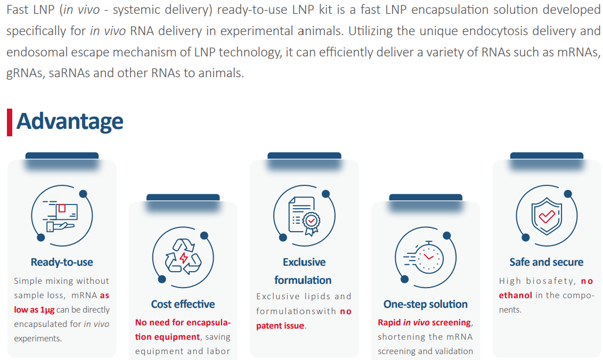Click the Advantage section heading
point(70,121)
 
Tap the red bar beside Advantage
point(10,122)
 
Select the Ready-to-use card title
point(62,263)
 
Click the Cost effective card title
point(183,304)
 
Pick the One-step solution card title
point(426,304)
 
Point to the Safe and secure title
point(547,263)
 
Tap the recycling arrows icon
point(183,257)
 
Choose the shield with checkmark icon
point(547,216)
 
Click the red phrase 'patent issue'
point(280,326)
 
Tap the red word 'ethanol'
point(515,296)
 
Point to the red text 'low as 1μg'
point(34,310)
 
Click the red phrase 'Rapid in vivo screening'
point(425,322)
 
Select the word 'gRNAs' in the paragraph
point(24,72)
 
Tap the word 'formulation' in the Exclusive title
point(303,280)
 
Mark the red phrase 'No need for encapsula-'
point(183,322)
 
